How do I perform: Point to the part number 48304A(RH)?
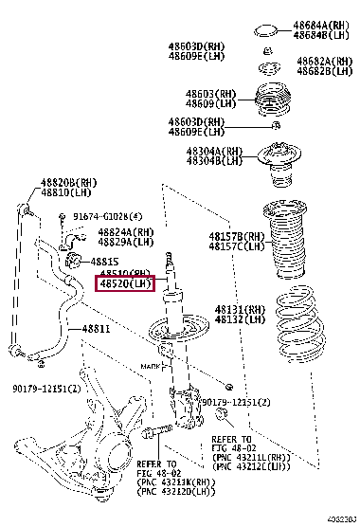215,151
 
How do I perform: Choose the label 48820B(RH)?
68,183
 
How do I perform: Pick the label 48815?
105,261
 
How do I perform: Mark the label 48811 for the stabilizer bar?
95,329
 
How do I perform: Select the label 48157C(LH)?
237,246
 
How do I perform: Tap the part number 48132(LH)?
241,320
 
